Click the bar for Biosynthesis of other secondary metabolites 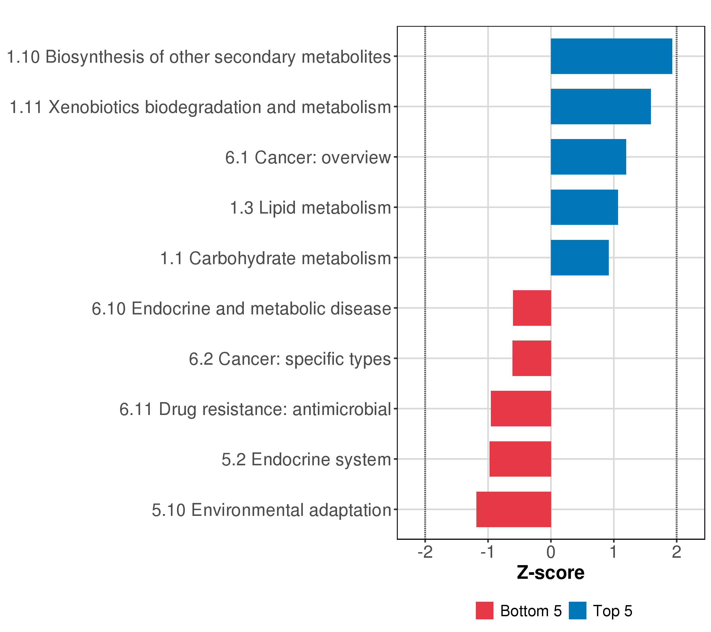tap(611, 56)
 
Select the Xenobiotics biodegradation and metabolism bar tap(600, 106)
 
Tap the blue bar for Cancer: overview tap(588, 157)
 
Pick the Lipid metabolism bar tap(584, 207)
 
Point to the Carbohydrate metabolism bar tap(580, 258)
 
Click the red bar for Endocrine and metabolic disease tap(532, 308)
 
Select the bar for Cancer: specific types tap(531, 358)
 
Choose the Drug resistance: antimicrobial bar tap(521, 409)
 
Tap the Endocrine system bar tap(520, 459)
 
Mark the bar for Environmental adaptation tap(513, 509)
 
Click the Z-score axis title tap(551, 573)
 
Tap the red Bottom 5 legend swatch tap(485, 611)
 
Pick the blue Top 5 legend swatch tap(577, 611)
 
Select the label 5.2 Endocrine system tap(306, 460)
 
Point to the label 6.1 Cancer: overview tap(308, 157)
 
